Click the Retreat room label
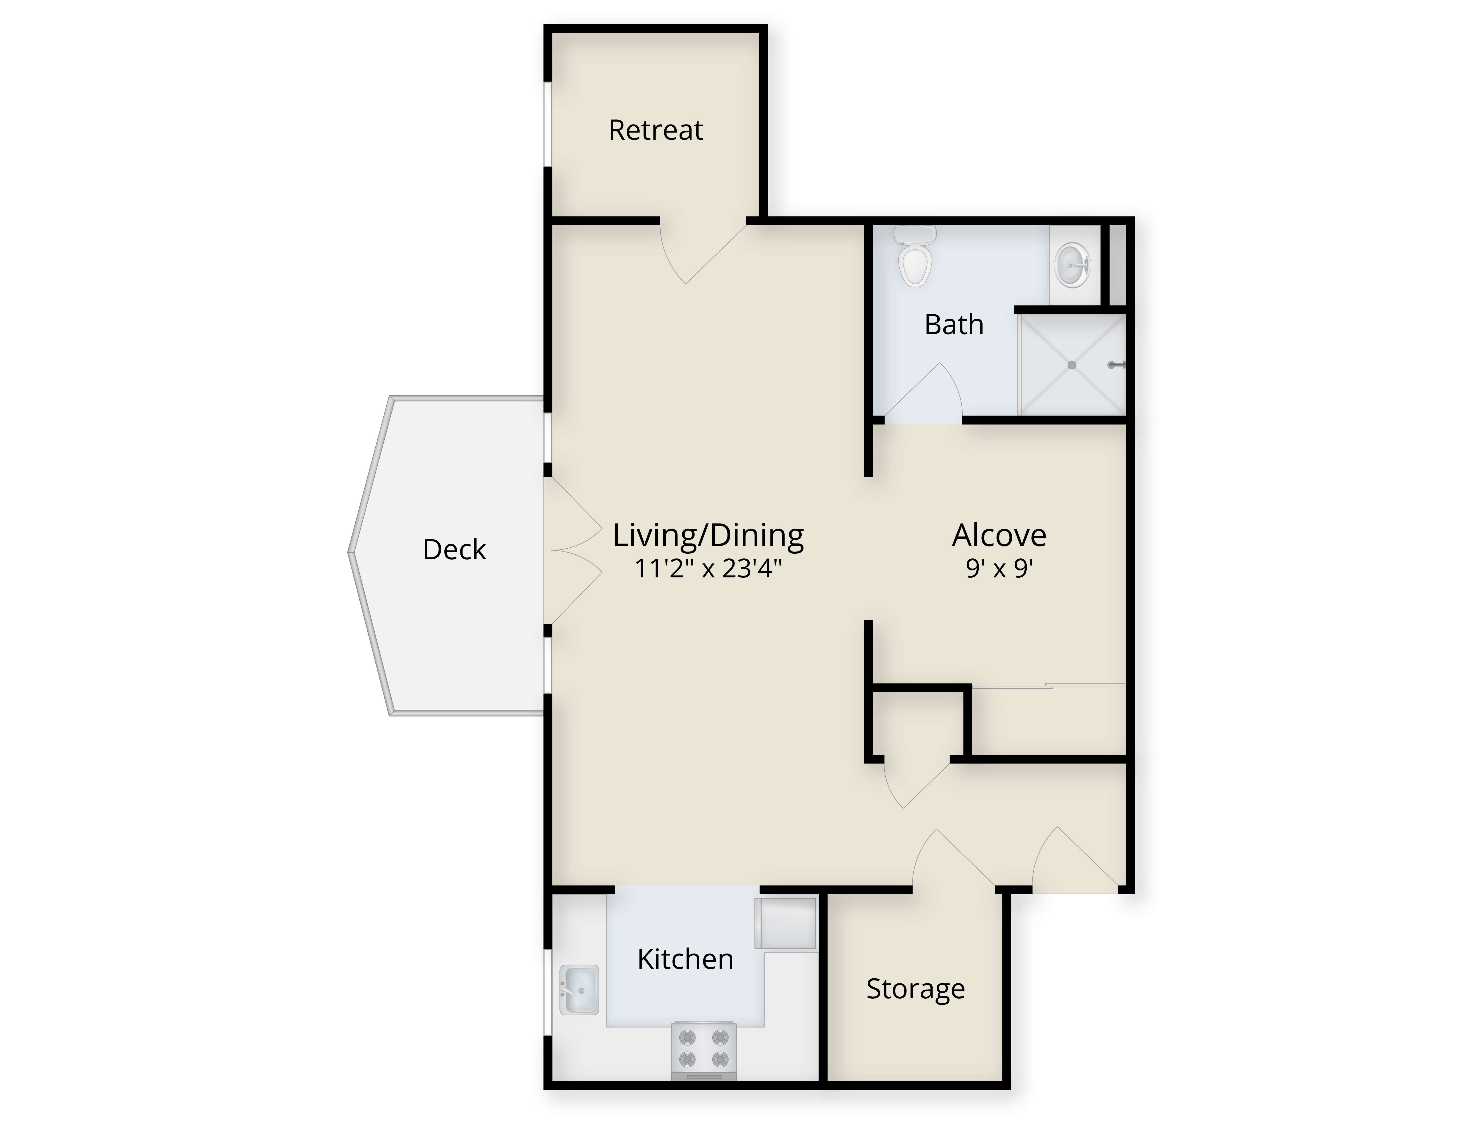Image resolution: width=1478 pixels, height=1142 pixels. coord(656,130)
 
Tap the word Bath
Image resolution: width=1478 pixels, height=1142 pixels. coord(954,325)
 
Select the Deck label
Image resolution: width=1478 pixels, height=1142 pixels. coord(454,549)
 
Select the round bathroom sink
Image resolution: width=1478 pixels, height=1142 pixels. coord(1073,266)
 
